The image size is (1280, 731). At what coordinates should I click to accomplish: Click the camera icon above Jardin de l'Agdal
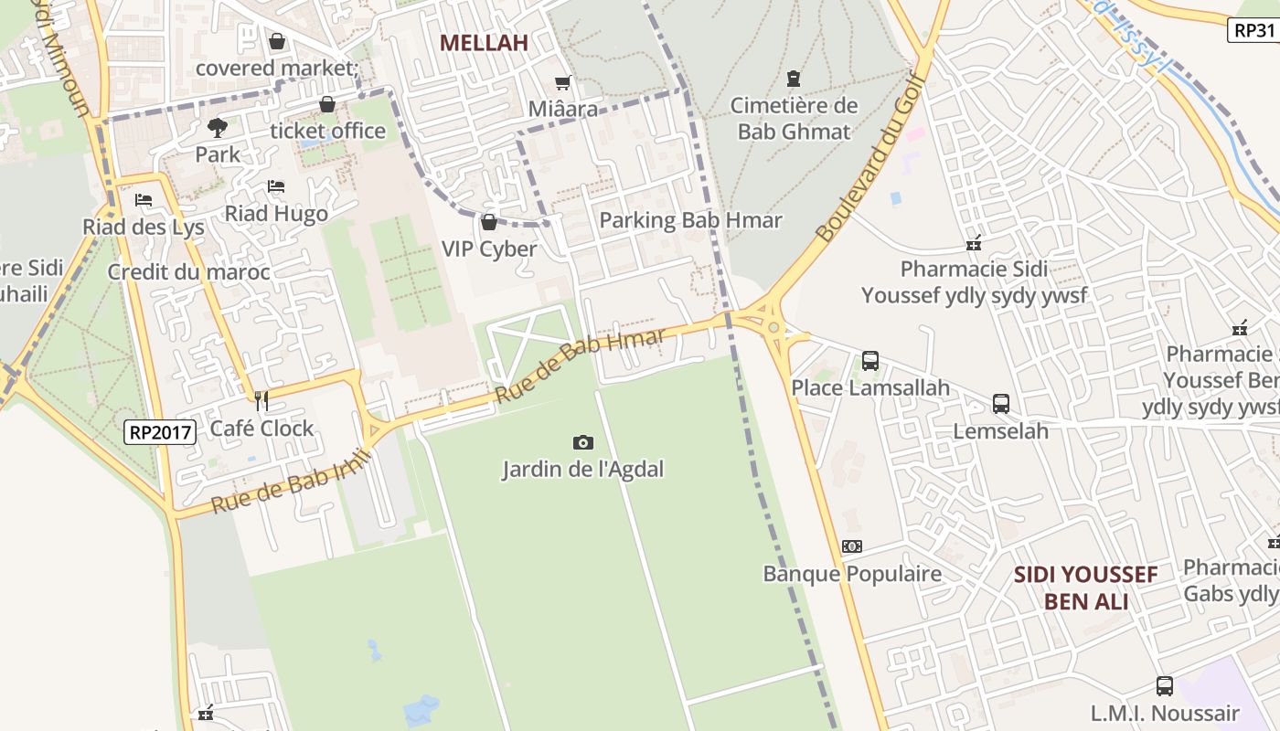582,443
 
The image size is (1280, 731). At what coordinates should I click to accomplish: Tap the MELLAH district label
484,43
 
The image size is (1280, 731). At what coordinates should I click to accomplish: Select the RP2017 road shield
160,432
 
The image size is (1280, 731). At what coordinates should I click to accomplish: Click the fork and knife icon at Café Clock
261,400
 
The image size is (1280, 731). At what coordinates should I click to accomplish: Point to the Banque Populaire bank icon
851,546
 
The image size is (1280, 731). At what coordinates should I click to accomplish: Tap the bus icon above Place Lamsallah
869,361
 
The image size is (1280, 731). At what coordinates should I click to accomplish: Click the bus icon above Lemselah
1000,404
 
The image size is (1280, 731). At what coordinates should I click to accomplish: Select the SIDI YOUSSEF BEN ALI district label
1085,588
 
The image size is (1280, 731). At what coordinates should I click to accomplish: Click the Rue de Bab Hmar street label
581,365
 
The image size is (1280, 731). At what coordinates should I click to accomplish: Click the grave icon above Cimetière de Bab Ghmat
793,79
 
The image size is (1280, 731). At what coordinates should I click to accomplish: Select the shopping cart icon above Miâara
562,83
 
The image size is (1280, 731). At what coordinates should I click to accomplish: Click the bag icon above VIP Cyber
488,222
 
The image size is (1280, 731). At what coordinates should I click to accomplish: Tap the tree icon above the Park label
217,127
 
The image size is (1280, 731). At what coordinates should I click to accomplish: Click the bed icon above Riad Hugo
275,186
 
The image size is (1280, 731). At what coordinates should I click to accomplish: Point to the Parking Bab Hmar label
690,220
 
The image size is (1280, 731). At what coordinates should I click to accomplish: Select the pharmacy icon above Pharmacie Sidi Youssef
973,243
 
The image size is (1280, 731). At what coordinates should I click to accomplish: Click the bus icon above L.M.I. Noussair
1164,686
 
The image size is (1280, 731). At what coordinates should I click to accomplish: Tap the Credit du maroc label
188,272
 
